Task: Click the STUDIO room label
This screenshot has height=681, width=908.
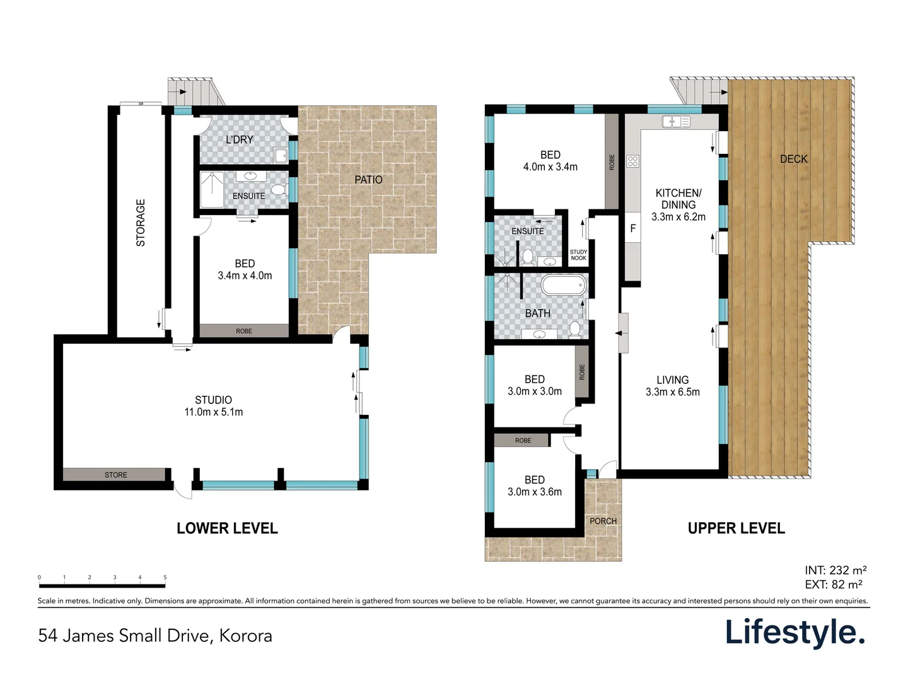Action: click(x=213, y=400)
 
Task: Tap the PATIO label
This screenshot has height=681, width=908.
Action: click(x=368, y=180)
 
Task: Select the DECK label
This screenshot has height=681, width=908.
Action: click(x=793, y=159)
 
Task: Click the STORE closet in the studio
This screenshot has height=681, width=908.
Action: click(x=115, y=475)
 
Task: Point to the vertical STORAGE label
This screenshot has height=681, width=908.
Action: click(x=141, y=223)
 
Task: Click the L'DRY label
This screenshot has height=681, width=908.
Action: click(x=240, y=139)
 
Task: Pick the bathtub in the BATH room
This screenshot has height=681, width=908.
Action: click(x=564, y=286)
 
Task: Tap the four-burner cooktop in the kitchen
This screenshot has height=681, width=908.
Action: click(x=633, y=161)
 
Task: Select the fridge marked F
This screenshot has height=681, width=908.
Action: click(x=633, y=228)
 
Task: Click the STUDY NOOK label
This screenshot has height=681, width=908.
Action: click(x=578, y=255)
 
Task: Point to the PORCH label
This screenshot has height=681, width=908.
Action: click(x=603, y=521)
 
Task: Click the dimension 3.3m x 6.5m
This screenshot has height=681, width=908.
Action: click(x=672, y=392)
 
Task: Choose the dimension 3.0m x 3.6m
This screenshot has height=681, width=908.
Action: click(x=534, y=492)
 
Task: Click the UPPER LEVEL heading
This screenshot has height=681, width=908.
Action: click(x=736, y=528)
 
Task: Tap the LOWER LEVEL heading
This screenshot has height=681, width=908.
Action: click(x=227, y=528)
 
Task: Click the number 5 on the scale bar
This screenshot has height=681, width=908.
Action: click(x=165, y=578)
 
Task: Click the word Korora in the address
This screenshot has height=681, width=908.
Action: click(x=245, y=636)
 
